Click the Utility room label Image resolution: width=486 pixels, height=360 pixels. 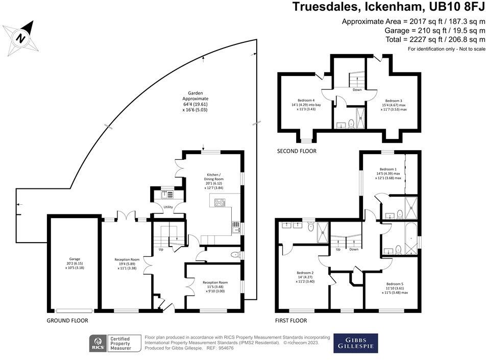tap(167, 207)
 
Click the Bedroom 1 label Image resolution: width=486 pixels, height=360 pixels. tap(388, 173)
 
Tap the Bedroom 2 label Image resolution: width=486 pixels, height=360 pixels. tap(305, 276)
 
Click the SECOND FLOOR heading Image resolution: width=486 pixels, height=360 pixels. tap(297, 151)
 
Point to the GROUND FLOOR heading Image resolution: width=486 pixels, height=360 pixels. tap(67, 321)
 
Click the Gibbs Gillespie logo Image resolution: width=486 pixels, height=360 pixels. tap(356, 343)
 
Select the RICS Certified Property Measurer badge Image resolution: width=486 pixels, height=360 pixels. tap(110, 343)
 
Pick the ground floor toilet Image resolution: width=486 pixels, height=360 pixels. tap(235, 254)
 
